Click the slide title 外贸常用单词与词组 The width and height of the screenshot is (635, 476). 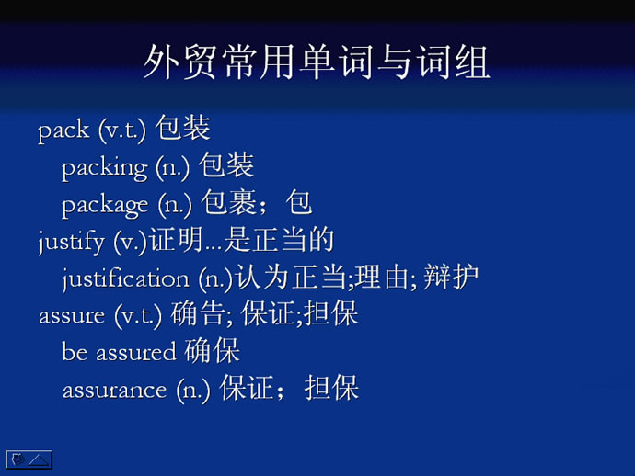(x=317, y=62)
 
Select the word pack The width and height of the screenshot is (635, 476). (x=63, y=130)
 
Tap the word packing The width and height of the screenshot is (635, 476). (x=105, y=167)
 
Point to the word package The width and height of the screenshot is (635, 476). (x=105, y=205)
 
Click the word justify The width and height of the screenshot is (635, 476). (x=71, y=242)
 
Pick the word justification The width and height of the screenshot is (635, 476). (x=126, y=278)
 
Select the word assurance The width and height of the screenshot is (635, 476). (x=115, y=391)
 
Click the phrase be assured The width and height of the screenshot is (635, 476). (x=119, y=351)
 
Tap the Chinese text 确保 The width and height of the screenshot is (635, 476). (x=213, y=350)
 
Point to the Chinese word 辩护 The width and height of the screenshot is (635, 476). (x=451, y=278)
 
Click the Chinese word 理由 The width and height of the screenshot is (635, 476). (x=382, y=278)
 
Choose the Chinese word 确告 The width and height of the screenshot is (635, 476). (x=198, y=313)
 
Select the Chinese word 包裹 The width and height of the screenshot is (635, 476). (x=229, y=202)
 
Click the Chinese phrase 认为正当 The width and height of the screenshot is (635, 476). (x=291, y=278)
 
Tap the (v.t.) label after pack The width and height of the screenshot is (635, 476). (x=122, y=130)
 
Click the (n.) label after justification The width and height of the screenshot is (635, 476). (x=216, y=279)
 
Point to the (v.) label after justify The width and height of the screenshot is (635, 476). (x=131, y=243)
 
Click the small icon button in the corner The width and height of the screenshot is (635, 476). (x=29, y=459)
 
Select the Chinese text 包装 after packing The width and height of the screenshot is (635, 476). (x=226, y=164)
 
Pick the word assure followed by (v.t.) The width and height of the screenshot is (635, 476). (x=72, y=316)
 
